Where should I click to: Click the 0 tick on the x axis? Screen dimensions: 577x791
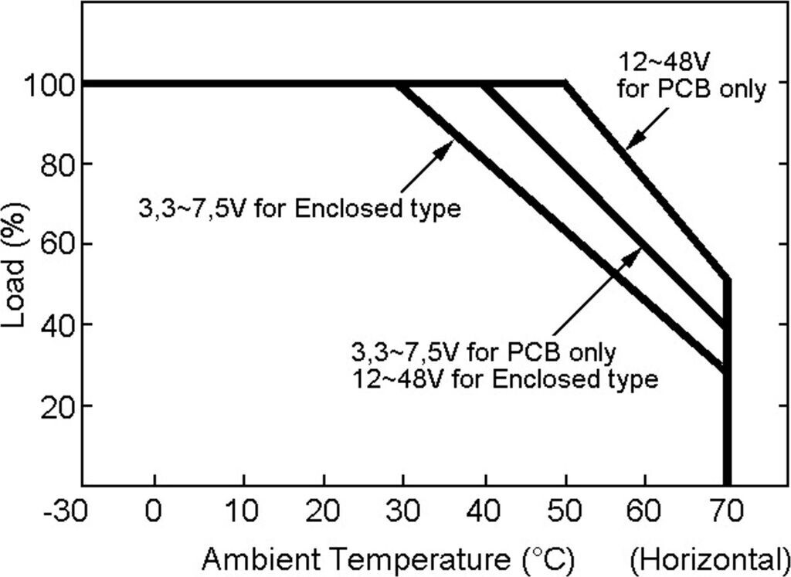click(155, 511)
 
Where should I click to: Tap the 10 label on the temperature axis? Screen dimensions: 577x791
click(244, 511)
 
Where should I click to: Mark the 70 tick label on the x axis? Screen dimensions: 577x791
click(725, 511)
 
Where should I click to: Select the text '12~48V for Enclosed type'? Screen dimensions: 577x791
click(504, 379)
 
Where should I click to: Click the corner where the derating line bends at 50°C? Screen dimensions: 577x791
click(565, 83)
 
